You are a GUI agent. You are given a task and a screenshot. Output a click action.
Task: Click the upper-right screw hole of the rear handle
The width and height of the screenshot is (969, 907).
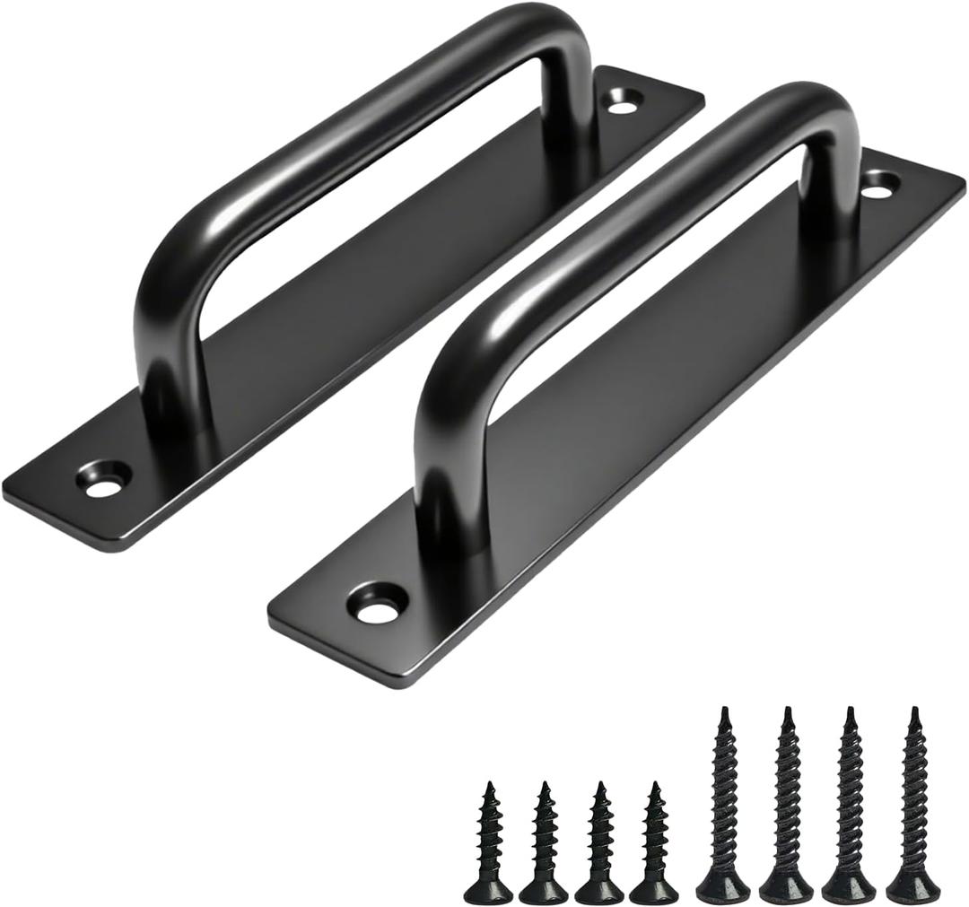click(x=622, y=101)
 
